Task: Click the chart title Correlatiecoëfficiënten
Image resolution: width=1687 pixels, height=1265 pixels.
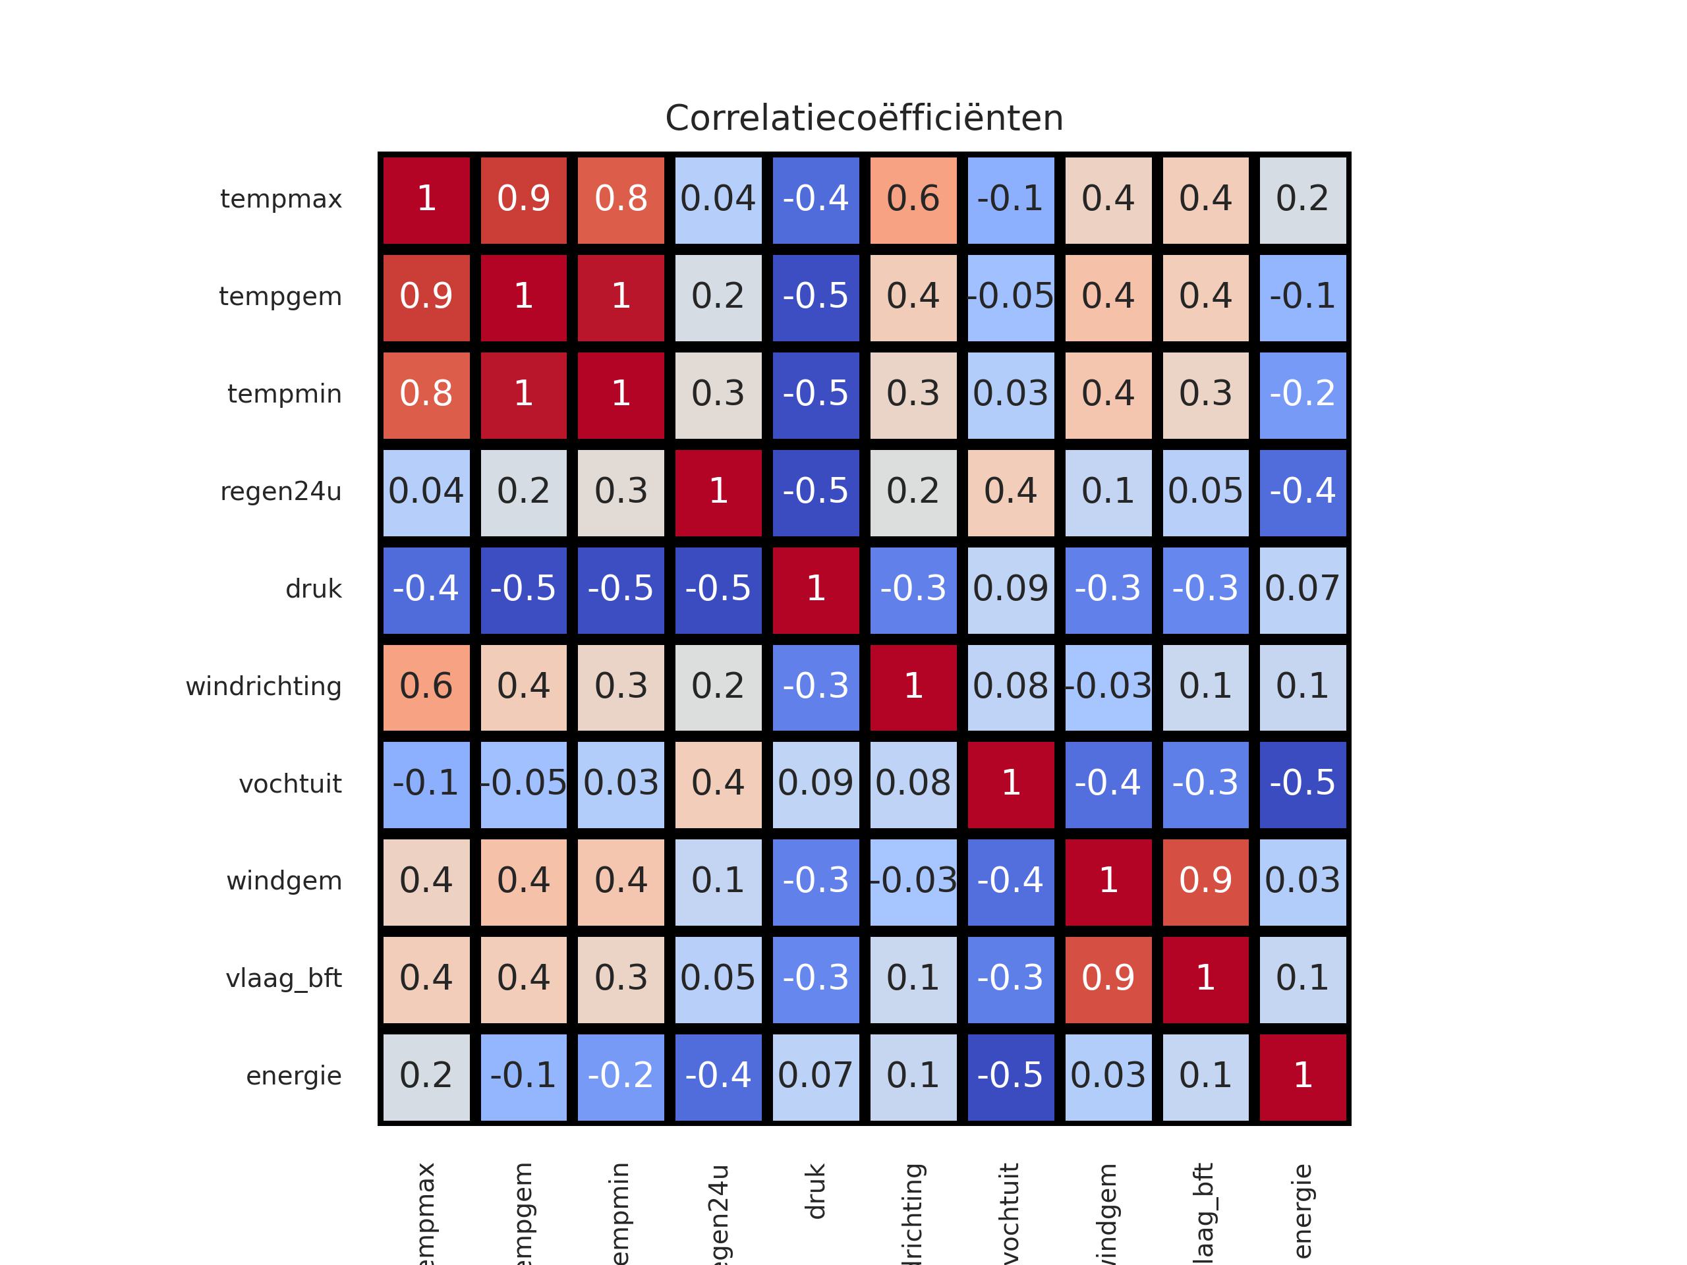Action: pos(864,118)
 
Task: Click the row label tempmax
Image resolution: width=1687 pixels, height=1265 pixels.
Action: pos(281,199)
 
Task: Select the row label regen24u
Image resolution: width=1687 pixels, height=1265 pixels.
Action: pos(281,492)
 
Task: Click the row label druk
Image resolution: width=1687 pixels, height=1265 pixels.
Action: pos(314,588)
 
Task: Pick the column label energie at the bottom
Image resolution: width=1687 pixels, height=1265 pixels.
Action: pos(1303,1212)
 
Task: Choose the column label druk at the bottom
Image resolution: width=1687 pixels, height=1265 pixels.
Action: pos(815,1191)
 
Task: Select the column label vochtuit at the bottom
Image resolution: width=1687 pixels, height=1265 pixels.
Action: pos(1010,1212)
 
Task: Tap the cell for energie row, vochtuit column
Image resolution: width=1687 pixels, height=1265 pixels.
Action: pos(1010,1077)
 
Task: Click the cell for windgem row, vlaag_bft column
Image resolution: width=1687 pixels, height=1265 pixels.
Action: pos(1205,882)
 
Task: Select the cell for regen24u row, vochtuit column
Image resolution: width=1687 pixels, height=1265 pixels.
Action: pos(1010,492)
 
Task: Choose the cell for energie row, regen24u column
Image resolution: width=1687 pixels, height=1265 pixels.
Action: pos(718,1077)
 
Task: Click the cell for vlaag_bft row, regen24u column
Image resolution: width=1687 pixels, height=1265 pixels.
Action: pos(718,979)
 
